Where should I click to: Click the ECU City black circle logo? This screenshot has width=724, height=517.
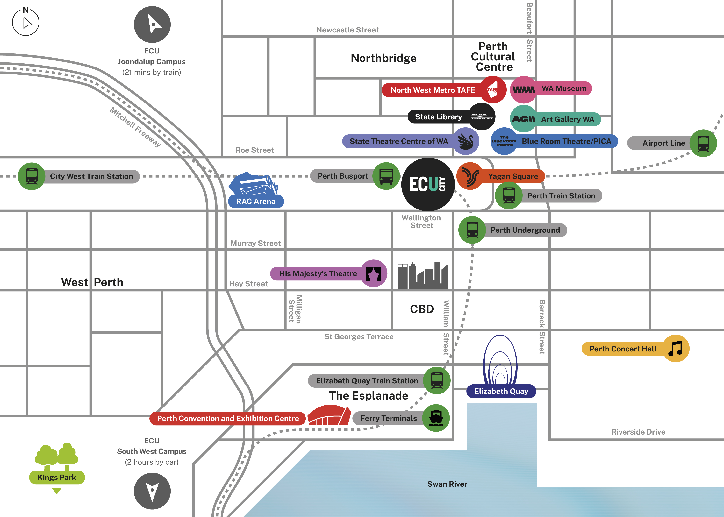point(428,184)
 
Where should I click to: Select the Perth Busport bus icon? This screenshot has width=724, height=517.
point(386,176)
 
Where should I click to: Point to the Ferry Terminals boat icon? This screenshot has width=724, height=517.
point(436,418)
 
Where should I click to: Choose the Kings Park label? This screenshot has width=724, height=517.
point(57,477)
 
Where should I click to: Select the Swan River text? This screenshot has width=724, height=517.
point(447,484)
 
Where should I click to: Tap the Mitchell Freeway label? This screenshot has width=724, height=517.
point(135,127)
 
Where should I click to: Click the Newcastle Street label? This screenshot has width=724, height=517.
point(347,30)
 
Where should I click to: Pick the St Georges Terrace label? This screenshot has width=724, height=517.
point(359,336)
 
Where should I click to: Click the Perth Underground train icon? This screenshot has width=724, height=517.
point(472,230)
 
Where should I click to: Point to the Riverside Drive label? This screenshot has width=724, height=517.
point(638,432)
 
